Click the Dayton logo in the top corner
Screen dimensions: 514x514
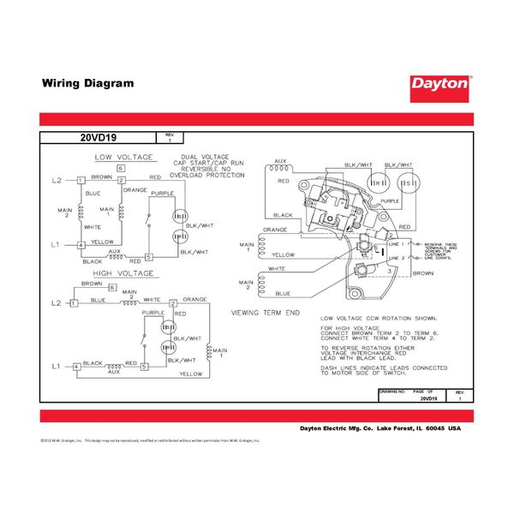pyautogui.click(x=441, y=84)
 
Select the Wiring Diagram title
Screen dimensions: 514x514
pyautogui.click(x=88, y=84)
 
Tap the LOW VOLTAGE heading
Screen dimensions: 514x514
pyautogui.click(x=124, y=158)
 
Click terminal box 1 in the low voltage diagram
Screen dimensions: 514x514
pyautogui.click(x=81, y=180)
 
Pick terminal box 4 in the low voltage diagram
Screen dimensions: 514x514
pyautogui.click(x=81, y=245)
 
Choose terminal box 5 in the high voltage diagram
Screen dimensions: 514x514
pyautogui.click(x=145, y=368)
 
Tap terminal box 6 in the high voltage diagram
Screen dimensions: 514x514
pyautogui.click(x=87, y=289)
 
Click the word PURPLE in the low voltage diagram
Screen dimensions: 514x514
pyautogui.click(x=162, y=194)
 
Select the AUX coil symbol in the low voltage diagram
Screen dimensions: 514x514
pyautogui.click(x=114, y=255)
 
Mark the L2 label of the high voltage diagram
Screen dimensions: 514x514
pyautogui.click(x=57, y=303)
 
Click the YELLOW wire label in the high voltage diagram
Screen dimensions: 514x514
pyautogui.click(x=191, y=374)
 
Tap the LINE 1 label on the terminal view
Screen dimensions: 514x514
pyautogui.click(x=394, y=245)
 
